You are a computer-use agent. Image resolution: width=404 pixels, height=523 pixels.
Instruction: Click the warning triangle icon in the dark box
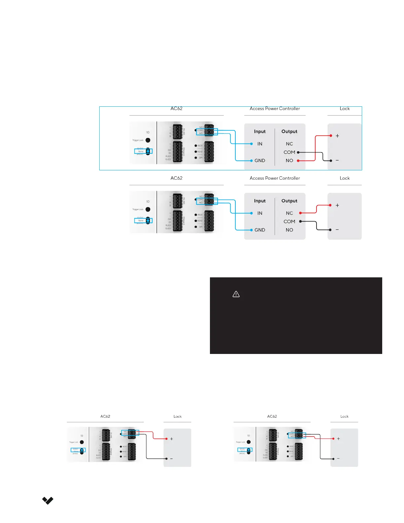[x=236, y=294]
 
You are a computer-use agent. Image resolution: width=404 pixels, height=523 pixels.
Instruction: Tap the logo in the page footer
[x=48, y=501]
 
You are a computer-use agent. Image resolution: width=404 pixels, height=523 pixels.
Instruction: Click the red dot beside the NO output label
[x=298, y=161]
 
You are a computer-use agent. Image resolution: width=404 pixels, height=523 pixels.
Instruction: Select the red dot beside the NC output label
[x=300, y=213]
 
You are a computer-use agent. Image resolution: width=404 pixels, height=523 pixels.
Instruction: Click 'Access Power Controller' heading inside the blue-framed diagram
[x=275, y=109]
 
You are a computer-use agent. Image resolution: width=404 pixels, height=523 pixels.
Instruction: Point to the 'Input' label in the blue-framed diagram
[x=260, y=131]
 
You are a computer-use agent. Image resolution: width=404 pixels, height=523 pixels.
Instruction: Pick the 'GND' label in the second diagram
[x=260, y=230]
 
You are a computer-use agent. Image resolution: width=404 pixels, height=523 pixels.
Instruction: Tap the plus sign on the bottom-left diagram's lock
[x=172, y=439]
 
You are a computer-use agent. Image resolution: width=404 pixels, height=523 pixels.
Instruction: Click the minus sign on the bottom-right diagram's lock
[x=338, y=459]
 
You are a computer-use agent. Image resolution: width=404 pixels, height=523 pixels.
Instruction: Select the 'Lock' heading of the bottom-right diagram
[x=344, y=417]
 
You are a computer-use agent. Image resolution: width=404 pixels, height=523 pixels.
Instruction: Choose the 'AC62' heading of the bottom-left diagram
[x=105, y=417]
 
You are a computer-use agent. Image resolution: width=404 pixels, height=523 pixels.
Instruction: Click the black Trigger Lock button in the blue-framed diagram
[x=148, y=140]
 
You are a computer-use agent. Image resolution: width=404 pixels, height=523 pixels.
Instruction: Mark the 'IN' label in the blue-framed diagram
[x=260, y=144]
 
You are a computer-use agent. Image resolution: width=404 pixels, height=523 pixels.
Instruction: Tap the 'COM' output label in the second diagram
[x=289, y=222]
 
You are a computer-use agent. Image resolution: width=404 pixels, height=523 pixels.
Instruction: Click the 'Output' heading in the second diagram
[x=289, y=201]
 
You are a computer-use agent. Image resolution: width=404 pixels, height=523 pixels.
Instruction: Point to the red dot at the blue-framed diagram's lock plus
[x=331, y=136]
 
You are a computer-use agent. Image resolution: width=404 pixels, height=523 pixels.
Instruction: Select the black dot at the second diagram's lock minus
[x=330, y=230]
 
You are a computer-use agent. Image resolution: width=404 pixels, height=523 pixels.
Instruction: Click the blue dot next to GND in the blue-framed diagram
[x=252, y=161]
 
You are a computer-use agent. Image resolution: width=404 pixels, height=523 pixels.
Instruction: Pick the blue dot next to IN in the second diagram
[x=252, y=213]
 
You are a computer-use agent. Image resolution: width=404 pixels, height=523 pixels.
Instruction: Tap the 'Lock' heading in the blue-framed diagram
[x=345, y=109]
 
